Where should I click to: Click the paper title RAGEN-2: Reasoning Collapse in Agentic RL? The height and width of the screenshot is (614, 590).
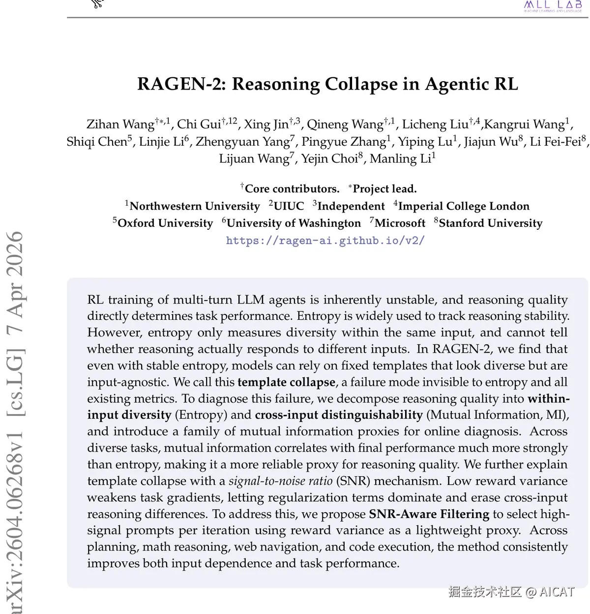(x=327, y=84)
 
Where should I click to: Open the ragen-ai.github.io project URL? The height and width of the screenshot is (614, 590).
(x=325, y=241)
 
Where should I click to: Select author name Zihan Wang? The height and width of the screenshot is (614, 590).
(x=120, y=124)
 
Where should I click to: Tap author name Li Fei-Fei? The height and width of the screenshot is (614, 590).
(x=555, y=142)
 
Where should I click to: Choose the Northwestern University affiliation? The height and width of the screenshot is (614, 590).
(x=194, y=206)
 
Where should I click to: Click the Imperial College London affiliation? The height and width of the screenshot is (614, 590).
(x=464, y=206)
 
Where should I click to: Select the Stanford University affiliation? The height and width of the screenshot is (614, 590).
(x=490, y=223)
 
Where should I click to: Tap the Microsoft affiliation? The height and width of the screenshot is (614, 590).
(x=400, y=223)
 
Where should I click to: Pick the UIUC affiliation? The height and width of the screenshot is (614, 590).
(x=289, y=206)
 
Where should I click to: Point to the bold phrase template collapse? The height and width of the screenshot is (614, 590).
(x=286, y=382)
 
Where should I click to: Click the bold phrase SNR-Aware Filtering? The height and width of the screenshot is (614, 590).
(x=429, y=514)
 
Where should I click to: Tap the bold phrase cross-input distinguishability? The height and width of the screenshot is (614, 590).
(x=338, y=415)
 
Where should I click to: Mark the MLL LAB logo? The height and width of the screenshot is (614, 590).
(x=553, y=5)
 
